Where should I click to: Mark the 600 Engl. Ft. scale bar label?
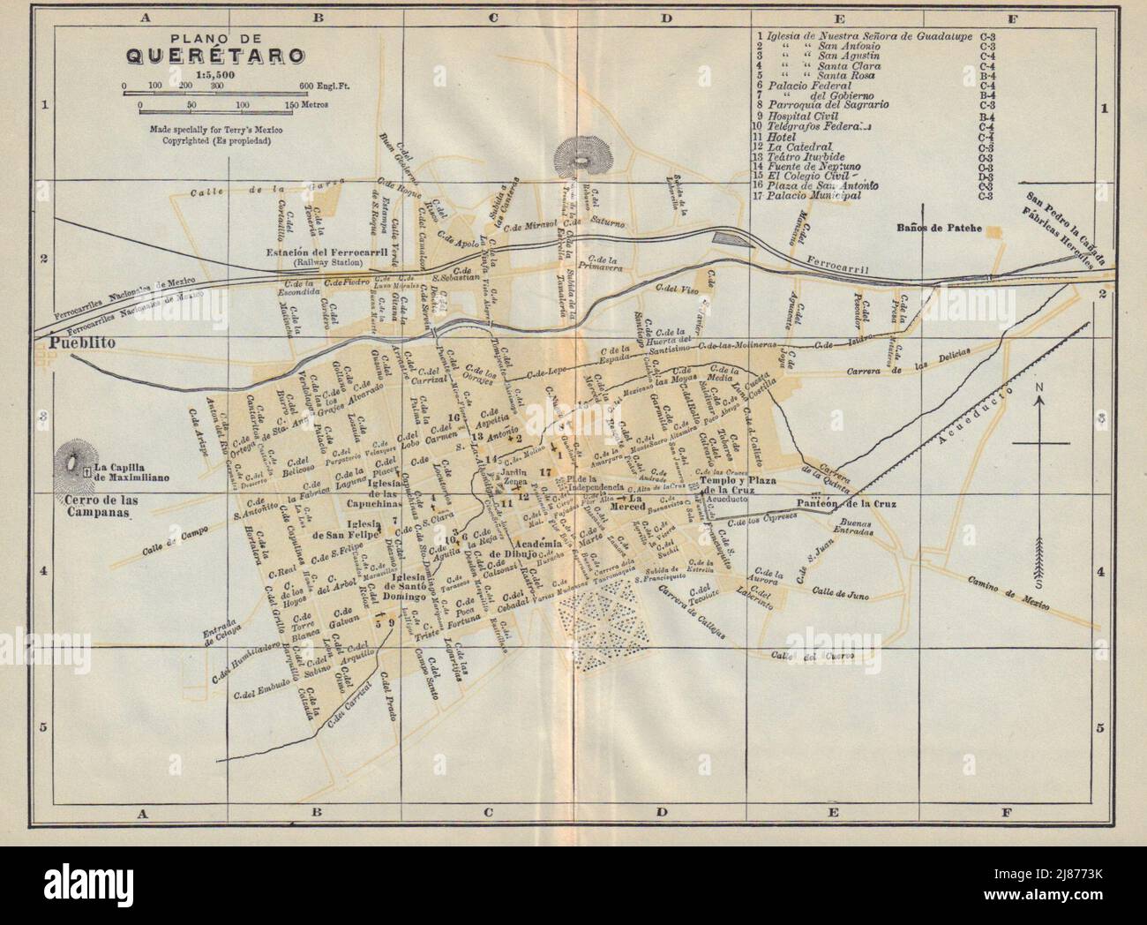point(319,86)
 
